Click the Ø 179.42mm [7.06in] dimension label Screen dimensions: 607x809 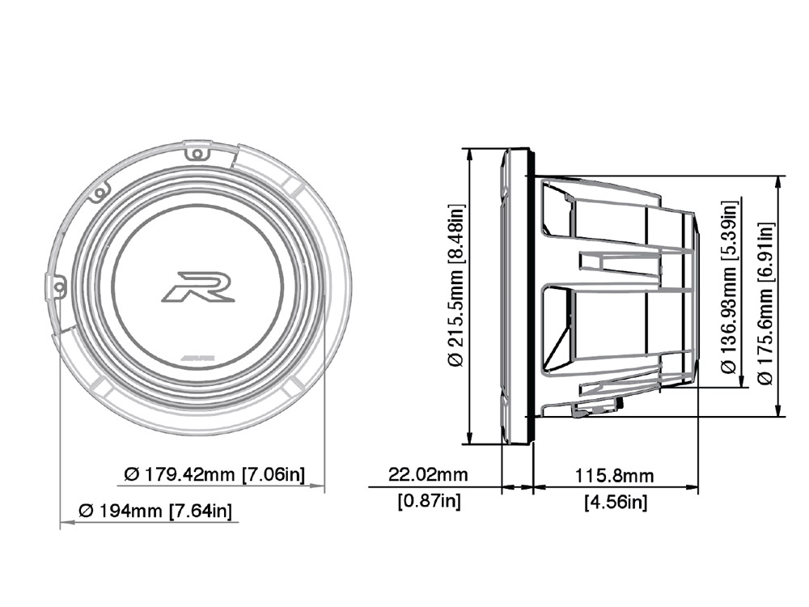coord(214,474)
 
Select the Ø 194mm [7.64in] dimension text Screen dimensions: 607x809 coord(155,511)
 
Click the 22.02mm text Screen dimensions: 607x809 coord(428,474)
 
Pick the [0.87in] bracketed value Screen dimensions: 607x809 coord(429,501)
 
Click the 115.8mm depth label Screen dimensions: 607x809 coord(614,474)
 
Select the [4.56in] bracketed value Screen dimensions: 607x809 coord(615,502)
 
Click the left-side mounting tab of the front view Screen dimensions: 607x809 coord(55,287)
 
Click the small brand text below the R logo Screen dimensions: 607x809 coord(197,355)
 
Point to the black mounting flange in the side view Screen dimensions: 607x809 coord(532,295)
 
